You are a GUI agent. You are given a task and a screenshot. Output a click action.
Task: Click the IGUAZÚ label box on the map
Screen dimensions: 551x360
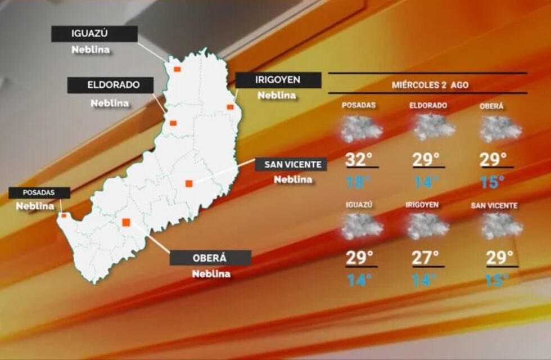(x=94, y=34)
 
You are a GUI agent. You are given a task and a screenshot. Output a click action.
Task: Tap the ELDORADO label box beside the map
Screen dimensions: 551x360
(x=110, y=85)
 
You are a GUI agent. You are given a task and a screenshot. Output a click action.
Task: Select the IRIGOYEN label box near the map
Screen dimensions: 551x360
(x=278, y=80)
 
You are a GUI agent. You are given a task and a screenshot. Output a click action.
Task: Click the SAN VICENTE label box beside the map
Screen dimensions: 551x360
(x=291, y=164)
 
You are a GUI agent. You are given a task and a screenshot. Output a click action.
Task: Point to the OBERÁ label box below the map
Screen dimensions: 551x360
(x=210, y=258)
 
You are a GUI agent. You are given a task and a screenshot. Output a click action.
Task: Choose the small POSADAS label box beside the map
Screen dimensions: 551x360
(x=39, y=192)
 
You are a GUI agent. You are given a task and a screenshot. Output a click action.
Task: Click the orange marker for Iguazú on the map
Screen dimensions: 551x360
(x=177, y=69)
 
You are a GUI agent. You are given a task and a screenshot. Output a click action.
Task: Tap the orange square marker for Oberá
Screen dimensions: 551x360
(x=127, y=222)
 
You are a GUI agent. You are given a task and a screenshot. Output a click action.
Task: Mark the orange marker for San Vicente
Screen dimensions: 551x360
(x=189, y=183)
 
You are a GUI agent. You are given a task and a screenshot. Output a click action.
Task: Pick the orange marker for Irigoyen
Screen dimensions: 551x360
(x=230, y=106)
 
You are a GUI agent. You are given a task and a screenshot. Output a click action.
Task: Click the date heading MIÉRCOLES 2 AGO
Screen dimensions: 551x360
(x=430, y=85)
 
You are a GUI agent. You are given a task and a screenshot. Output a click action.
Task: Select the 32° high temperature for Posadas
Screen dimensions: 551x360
(x=359, y=160)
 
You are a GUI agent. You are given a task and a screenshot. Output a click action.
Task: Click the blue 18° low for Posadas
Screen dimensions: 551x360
(x=359, y=182)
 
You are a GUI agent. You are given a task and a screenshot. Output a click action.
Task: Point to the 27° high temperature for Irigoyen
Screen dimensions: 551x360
(x=426, y=258)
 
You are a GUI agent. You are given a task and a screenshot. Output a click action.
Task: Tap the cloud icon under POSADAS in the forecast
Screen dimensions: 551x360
(x=362, y=129)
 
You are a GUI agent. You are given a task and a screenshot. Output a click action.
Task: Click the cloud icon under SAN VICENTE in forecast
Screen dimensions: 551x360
(x=502, y=226)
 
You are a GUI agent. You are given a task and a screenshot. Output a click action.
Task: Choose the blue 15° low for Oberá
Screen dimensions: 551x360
(x=493, y=182)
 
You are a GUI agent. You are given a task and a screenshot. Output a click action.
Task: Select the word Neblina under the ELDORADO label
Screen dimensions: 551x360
(x=110, y=103)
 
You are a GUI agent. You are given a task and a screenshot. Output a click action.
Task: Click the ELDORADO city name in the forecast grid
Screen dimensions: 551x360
(x=428, y=106)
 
